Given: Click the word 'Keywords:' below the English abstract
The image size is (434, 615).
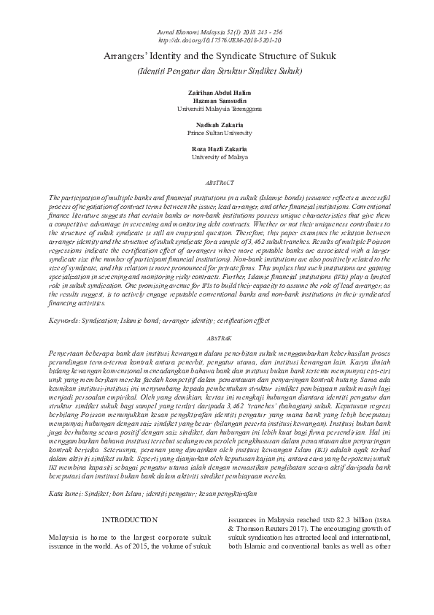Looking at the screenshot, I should (x=66, y=321).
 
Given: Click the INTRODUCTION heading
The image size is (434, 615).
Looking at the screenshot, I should (x=128, y=519).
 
